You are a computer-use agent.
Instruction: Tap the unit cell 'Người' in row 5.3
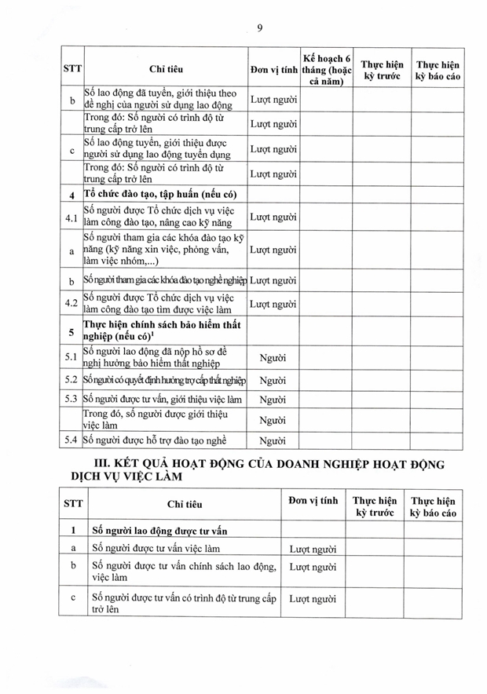(x=272, y=400)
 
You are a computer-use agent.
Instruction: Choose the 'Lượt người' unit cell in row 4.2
(x=273, y=305)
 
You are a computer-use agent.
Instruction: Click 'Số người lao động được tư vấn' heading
(x=168, y=531)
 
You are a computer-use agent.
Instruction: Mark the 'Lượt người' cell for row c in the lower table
(x=313, y=599)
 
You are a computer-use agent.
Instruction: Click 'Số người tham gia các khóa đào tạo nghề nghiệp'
(x=165, y=280)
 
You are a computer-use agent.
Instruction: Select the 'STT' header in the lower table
(x=73, y=506)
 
